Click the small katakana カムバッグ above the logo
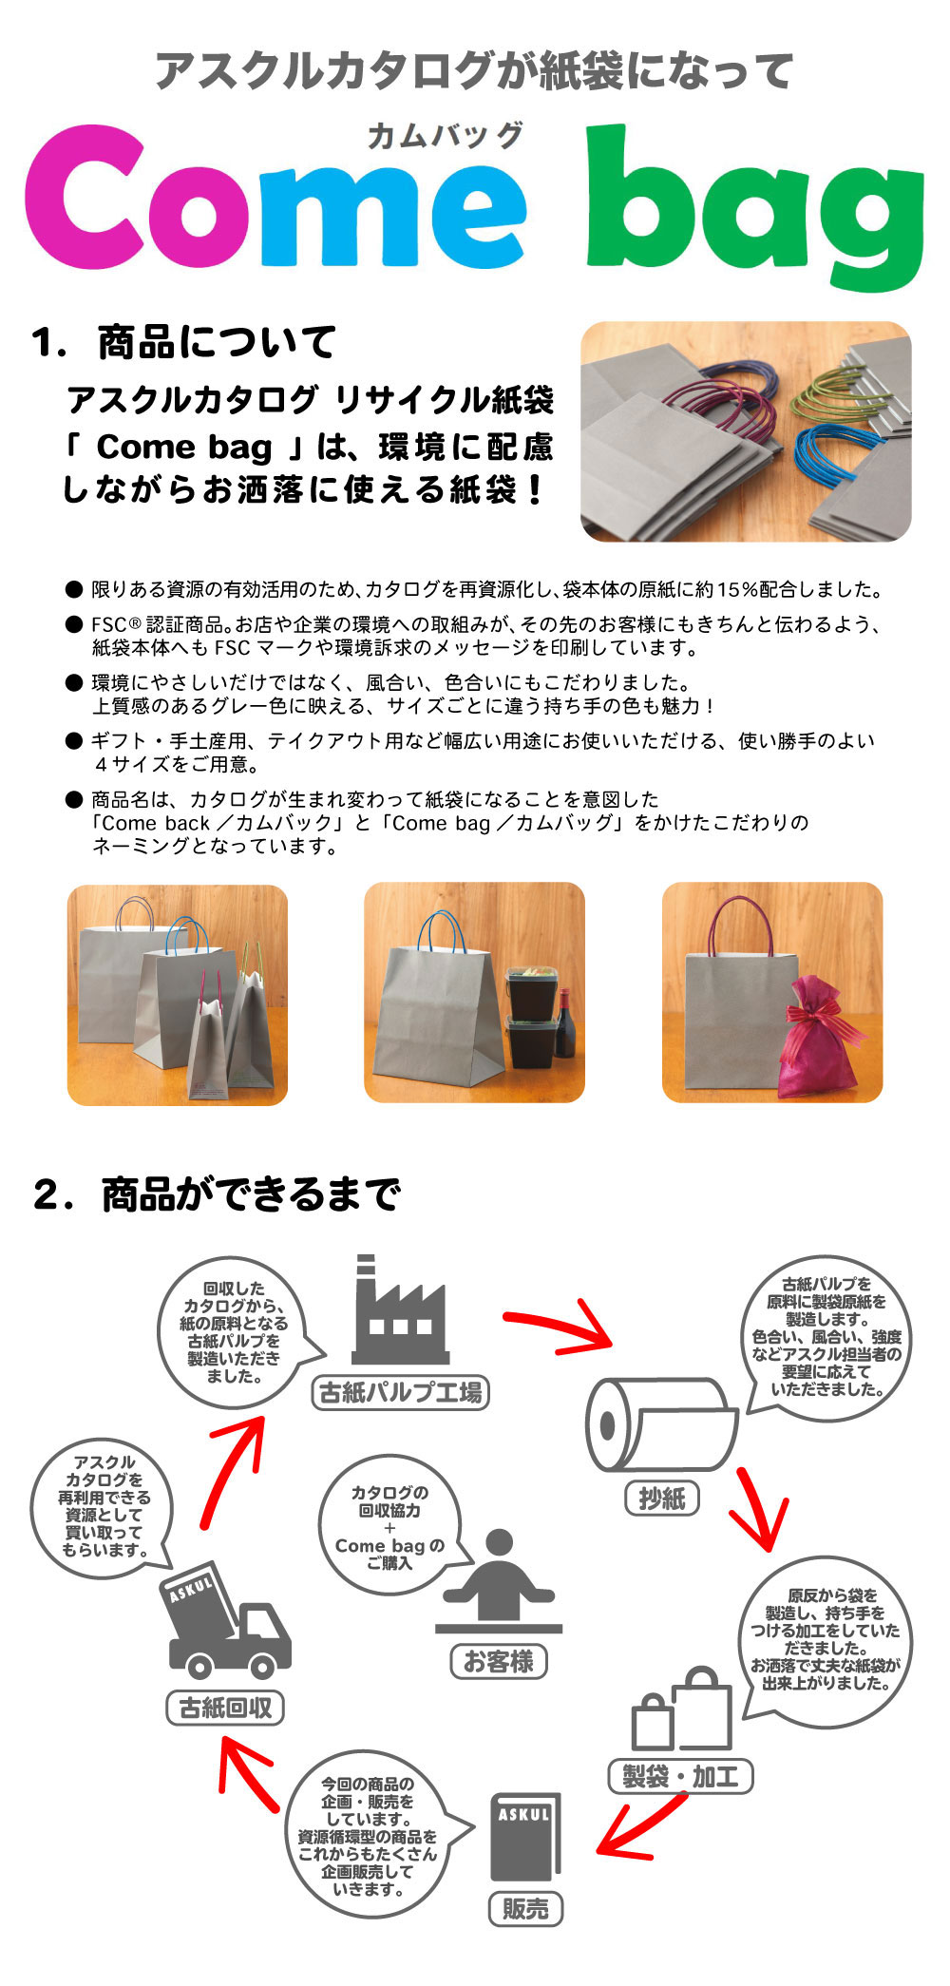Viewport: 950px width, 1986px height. pyautogui.click(x=445, y=136)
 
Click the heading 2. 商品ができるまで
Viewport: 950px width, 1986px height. pyautogui.click(x=217, y=1194)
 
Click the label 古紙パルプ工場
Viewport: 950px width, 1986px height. pyautogui.click(x=400, y=1393)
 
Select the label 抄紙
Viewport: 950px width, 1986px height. pyautogui.click(x=661, y=1499)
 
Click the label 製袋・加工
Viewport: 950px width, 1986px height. pyautogui.click(x=680, y=1776)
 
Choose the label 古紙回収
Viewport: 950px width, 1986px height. pyautogui.click(x=225, y=1708)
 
